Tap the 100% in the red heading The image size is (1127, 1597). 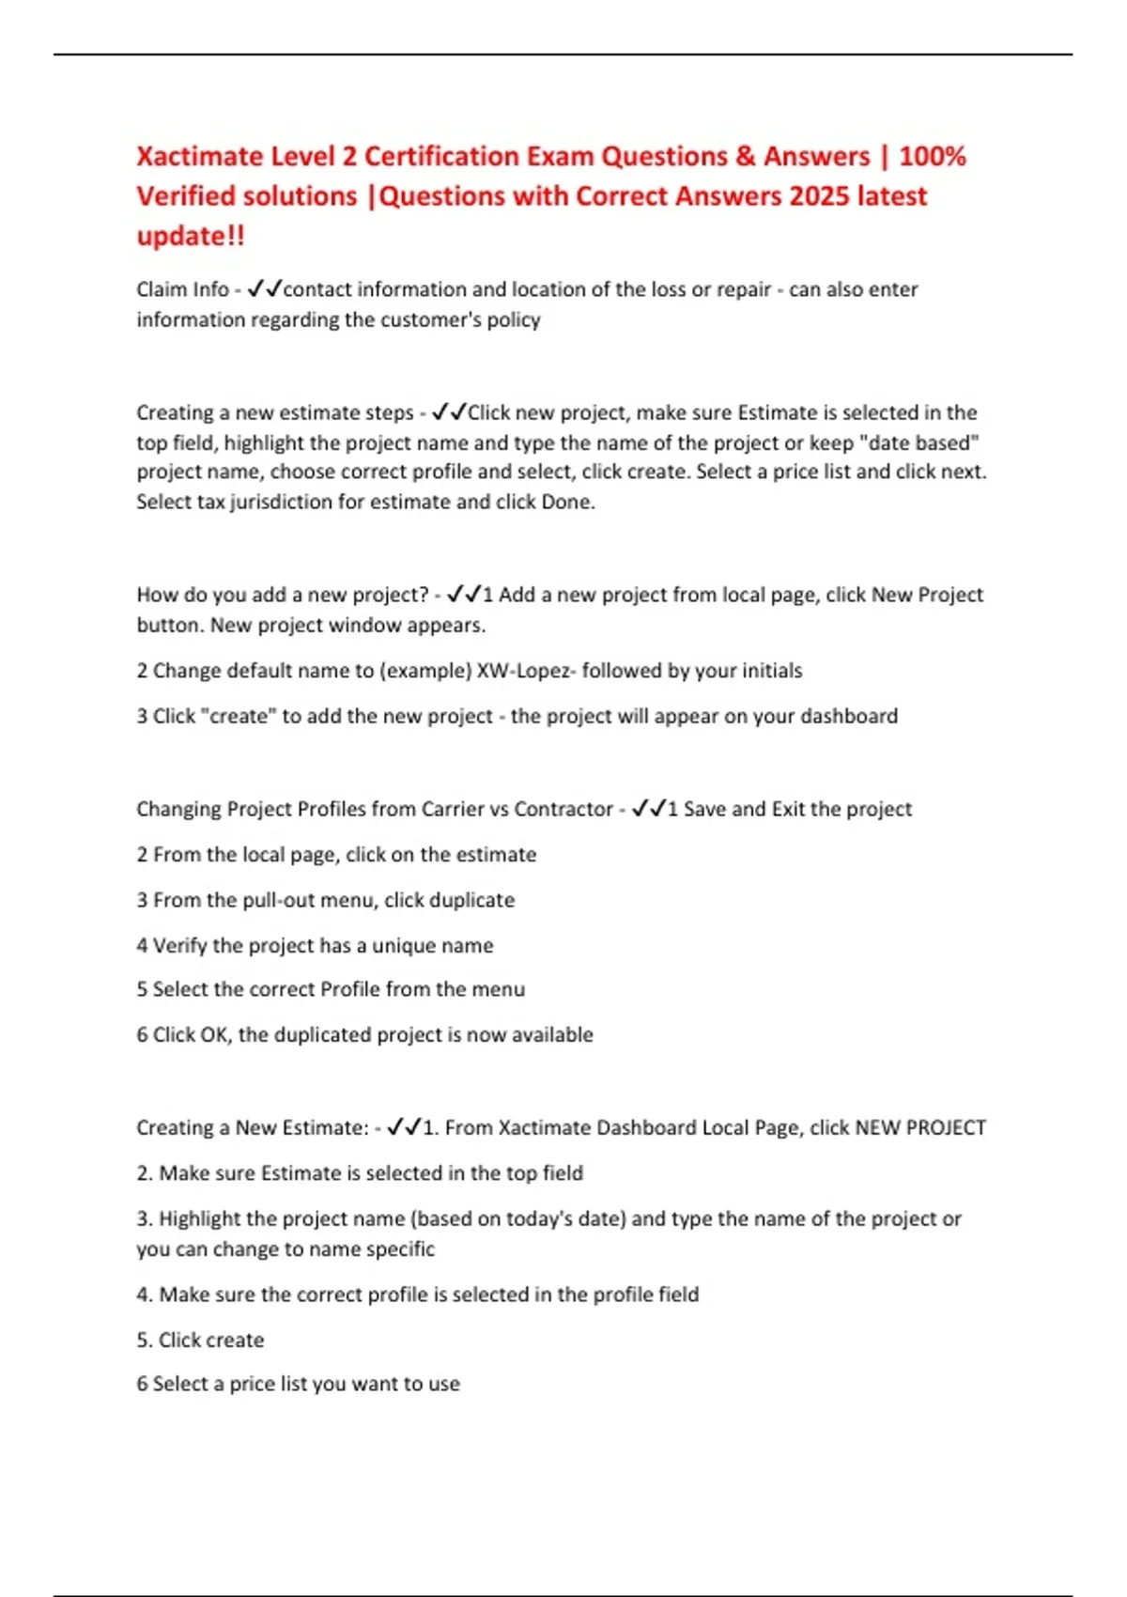pyautogui.click(x=932, y=156)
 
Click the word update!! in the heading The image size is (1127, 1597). pyautogui.click(x=191, y=235)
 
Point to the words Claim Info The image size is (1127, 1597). pyautogui.click(x=182, y=289)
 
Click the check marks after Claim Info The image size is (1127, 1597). pyautogui.click(x=264, y=289)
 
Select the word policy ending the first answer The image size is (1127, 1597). pyautogui.click(x=514, y=319)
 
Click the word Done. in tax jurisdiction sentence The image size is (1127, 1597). pyautogui.click(x=568, y=502)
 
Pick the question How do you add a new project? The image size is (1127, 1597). pyautogui.click(x=283, y=595)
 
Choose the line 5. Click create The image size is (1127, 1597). pyautogui.click(x=200, y=1340)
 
